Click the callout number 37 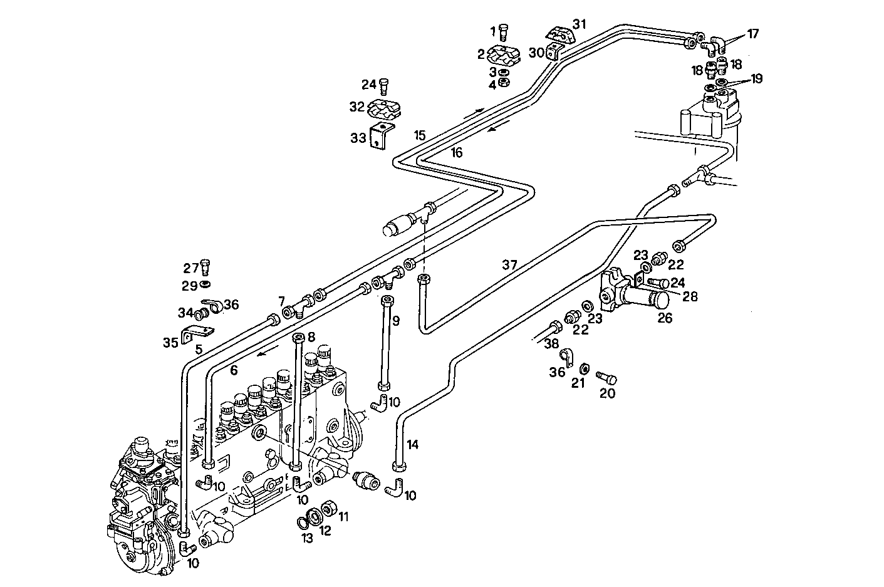pyautogui.click(x=509, y=265)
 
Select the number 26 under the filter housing pyautogui.click(x=664, y=318)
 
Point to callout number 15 pyautogui.click(x=419, y=135)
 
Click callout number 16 pyautogui.click(x=457, y=152)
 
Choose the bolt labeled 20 pyautogui.click(x=608, y=379)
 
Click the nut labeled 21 pyautogui.click(x=584, y=367)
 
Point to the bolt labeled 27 pyautogui.click(x=207, y=267)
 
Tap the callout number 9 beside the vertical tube pyautogui.click(x=395, y=321)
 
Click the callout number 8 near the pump pyautogui.click(x=311, y=337)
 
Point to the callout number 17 pyautogui.click(x=752, y=34)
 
